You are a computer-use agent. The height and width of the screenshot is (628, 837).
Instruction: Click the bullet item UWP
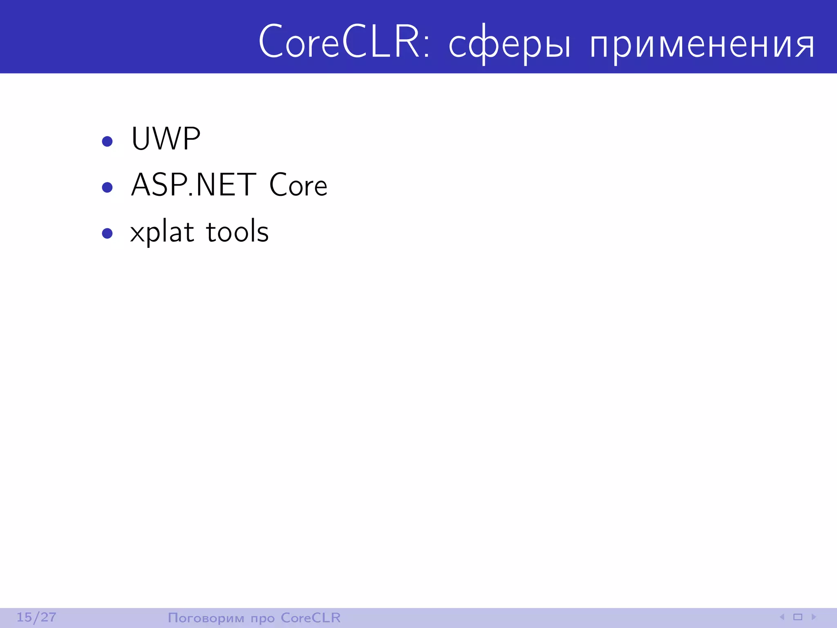166,139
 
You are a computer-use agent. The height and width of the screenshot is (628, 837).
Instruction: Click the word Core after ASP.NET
298,185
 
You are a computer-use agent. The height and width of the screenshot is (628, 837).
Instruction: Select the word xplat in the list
162,232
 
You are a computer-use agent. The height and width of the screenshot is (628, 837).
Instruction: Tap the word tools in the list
237,231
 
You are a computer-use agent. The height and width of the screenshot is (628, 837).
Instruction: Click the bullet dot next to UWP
107,141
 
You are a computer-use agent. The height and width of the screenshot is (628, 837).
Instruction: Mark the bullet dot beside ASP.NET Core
107,188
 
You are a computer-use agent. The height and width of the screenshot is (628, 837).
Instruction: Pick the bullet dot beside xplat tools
107,233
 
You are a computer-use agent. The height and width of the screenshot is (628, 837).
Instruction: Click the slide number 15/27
36,617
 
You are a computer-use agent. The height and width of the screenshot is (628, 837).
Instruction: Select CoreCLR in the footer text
311,617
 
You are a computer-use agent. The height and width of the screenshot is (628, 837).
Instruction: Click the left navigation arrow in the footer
782,617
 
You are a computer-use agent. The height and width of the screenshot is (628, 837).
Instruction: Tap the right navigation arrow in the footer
813,617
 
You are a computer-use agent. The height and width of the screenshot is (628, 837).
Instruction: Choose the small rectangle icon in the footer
798,617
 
